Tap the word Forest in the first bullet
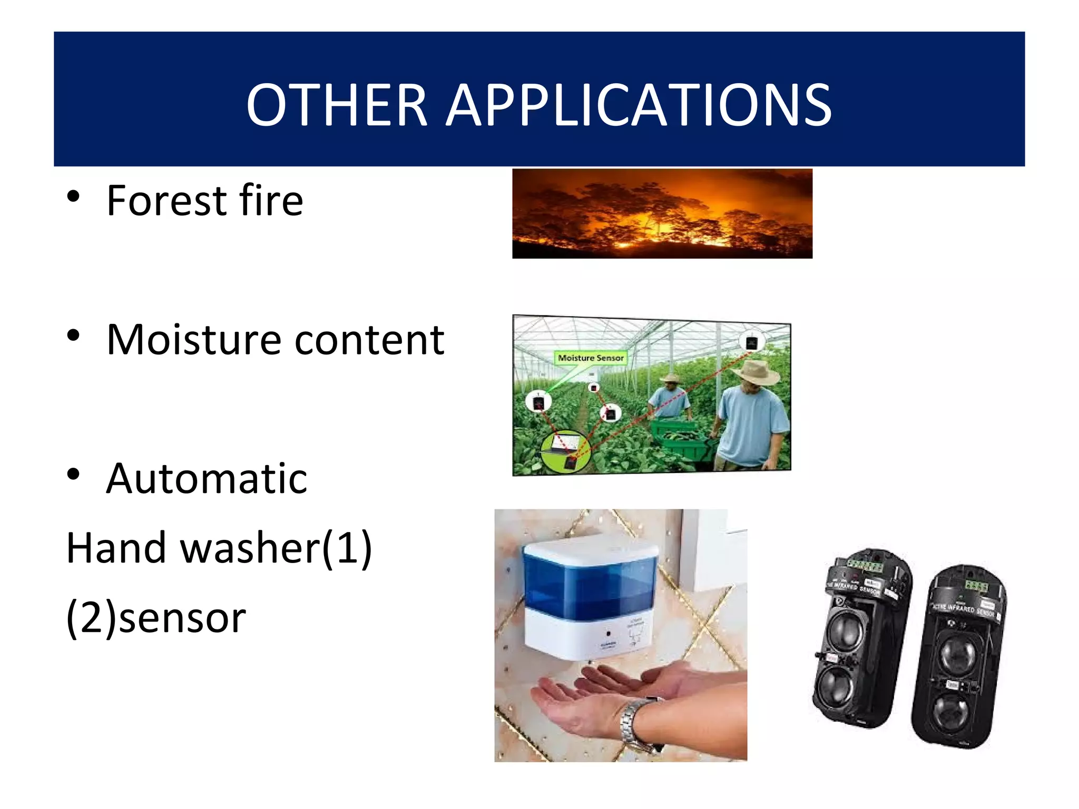(x=166, y=201)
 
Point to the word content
(x=369, y=341)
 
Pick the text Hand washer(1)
(x=219, y=548)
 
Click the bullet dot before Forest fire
(x=73, y=196)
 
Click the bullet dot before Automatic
(x=73, y=474)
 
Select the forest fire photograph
(x=662, y=213)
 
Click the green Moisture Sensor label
(x=590, y=358)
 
